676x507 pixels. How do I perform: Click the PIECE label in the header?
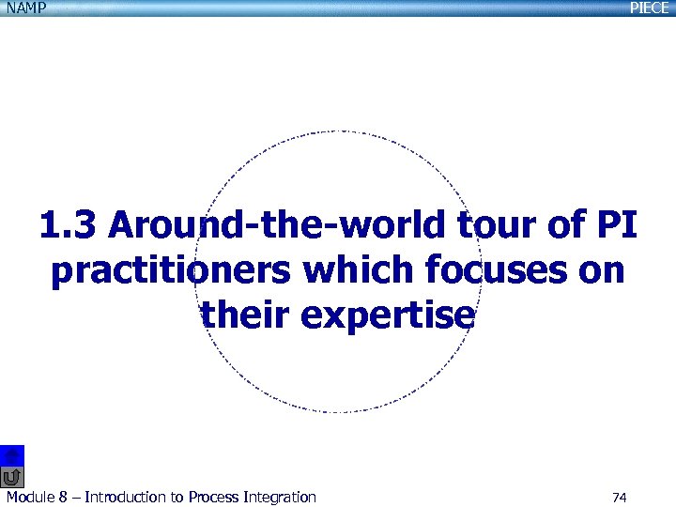tap(650, 8)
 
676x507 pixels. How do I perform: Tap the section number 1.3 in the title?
tap(69, 226)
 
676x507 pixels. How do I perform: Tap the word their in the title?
tap(246, 315)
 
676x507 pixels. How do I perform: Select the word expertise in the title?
tap(389, 315)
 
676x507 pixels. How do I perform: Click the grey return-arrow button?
tap(12, 476)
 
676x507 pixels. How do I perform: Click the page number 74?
tap(619, 497)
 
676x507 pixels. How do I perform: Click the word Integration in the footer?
tap(279, 497)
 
